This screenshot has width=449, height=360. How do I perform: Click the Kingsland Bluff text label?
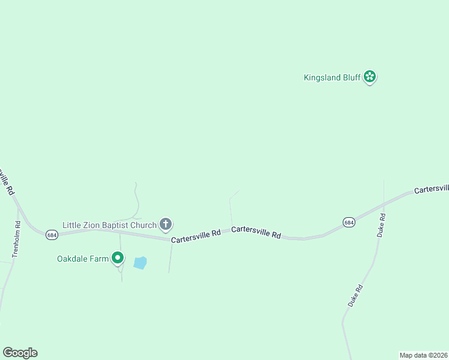331,77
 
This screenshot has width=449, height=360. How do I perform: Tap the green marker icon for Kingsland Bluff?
370,76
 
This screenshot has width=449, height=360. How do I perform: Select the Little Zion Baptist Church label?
110,224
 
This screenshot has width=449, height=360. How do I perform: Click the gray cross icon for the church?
166,224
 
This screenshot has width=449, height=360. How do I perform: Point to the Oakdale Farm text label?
83,259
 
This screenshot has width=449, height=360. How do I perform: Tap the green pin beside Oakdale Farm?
118,258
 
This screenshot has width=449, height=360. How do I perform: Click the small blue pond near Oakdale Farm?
140,263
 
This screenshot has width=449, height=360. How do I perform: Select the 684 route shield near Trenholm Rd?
52,235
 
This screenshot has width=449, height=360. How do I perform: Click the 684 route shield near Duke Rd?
349,223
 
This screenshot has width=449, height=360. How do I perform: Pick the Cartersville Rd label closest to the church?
196,235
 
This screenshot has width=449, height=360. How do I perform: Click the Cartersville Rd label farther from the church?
256,232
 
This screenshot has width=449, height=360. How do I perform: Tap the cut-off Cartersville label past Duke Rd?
431,188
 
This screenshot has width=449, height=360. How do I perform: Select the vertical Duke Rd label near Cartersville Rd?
381,225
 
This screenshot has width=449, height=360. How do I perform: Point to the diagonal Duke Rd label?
355,296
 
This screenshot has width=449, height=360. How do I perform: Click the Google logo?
20,353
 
